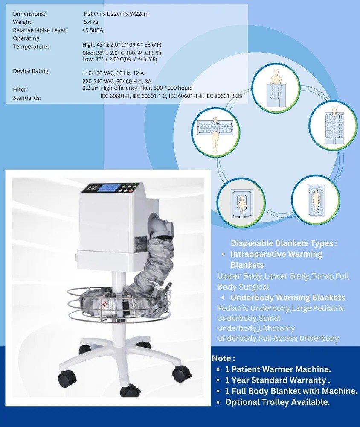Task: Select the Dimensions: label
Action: [x=29, y=14]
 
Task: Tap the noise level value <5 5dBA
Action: [x=93, y=30]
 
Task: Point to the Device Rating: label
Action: [x=32, y=71]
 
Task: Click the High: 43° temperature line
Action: [x=122, y=45]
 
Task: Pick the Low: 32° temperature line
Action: [x=122, y=59]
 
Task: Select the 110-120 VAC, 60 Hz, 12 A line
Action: [x=113, y=73]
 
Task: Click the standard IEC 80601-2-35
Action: [x=224, y=96]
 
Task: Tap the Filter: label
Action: [x=20, y=89]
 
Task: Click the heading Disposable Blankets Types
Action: [x=284, y=243]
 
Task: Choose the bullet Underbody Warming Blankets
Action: [x=287, y=298]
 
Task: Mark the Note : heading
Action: [x=224, y=358]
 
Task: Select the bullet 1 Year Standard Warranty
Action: [x=278, y=380]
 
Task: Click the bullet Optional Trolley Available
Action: [x=277, y=402]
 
